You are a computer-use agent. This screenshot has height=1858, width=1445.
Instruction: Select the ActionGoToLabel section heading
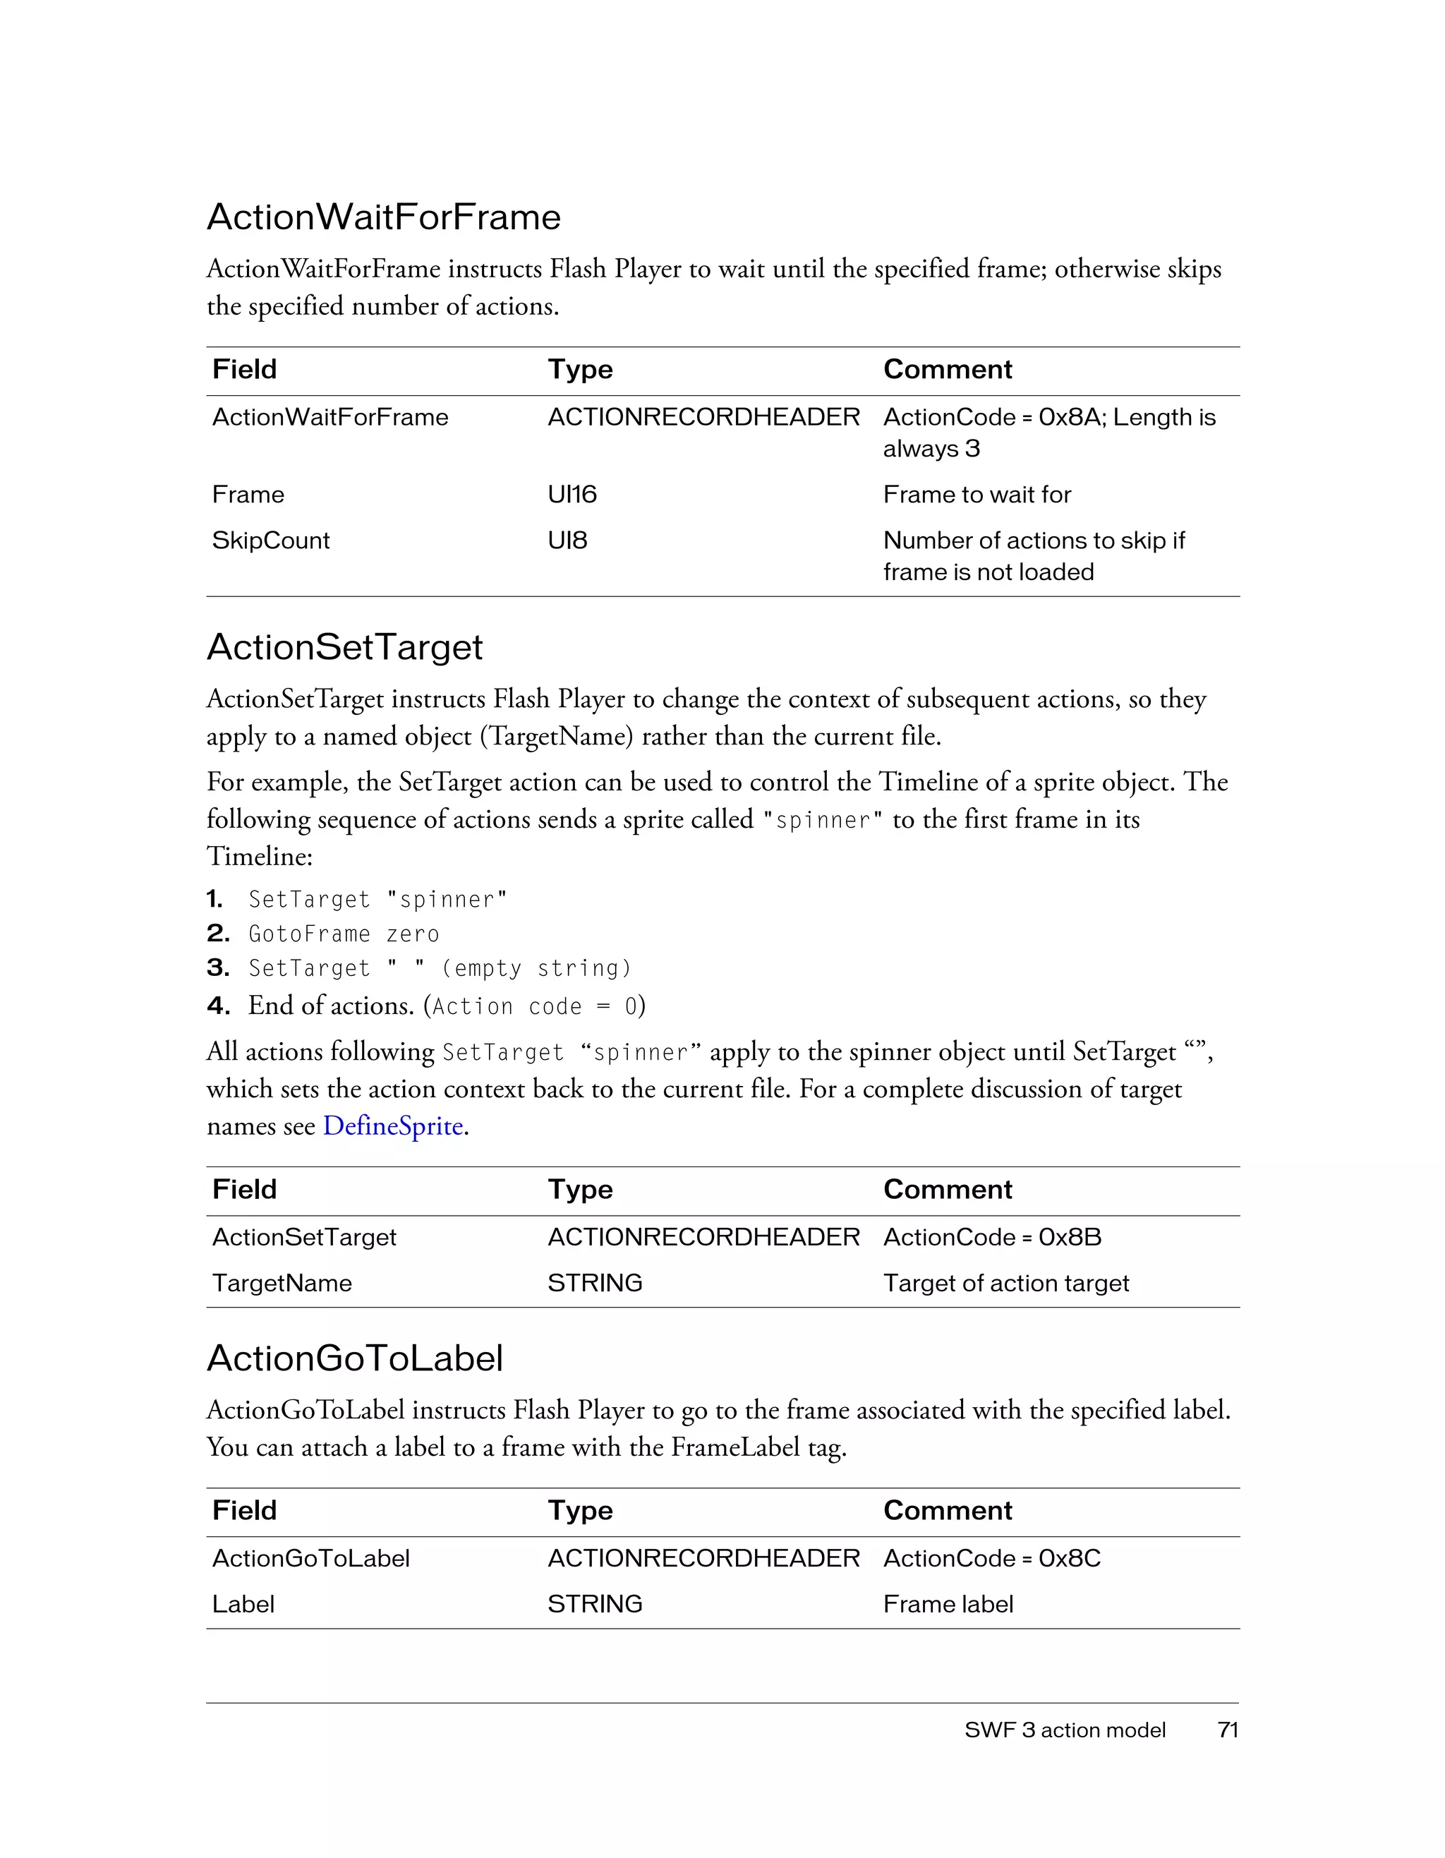click(x=355, y=1358)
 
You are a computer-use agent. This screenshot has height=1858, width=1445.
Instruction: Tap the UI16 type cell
click(x=572, y=494)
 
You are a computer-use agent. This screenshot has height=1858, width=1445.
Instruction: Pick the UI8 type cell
click(x=567, y=541)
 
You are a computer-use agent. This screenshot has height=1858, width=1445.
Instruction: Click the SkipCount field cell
click(x=270, y=541)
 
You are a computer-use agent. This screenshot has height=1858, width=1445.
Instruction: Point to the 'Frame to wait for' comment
click(x=977, y=494)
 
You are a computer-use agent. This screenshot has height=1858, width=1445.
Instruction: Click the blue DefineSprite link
click(x=393, y=1126)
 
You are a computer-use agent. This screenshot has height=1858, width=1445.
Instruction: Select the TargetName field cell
click(x=282, y=1283)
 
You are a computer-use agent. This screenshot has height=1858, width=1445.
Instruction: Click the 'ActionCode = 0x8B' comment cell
click(x=992, y=1237)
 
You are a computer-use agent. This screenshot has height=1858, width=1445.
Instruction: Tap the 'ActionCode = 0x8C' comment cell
click(x=992, y=1559)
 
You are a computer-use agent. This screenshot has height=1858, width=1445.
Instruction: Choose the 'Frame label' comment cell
click(x=948, y=1605)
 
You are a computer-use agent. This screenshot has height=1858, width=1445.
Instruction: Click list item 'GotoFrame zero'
click(x=344, y=934)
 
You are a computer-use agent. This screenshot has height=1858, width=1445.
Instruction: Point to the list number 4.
click(x=218, y=1006)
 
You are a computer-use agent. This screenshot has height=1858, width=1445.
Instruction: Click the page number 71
click(x=1227, y=1730)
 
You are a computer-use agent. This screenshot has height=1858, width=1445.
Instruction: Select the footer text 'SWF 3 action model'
click(x=1065, y=1730)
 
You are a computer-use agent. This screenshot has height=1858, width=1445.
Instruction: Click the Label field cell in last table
click(x=243, y=1605)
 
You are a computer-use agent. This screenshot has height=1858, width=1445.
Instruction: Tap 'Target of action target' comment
click(x=1005, y=1283)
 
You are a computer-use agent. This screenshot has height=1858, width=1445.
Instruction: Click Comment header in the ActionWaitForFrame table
click(x=948, y=369)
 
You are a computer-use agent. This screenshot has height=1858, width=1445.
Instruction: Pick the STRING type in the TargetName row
click(x=595, y=1283)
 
